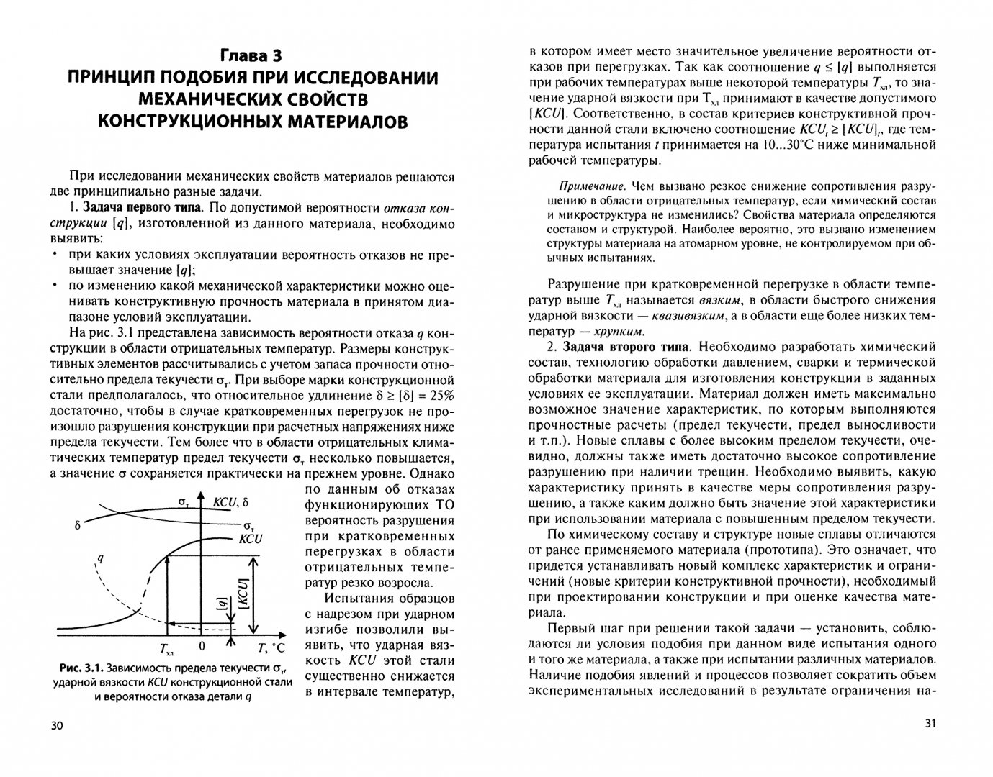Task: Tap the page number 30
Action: [x=58, y=726]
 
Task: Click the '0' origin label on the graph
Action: [x=202, y=646]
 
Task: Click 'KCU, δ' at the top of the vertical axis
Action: [x=230, y=502]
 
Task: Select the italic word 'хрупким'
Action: [x=618, y=331]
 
